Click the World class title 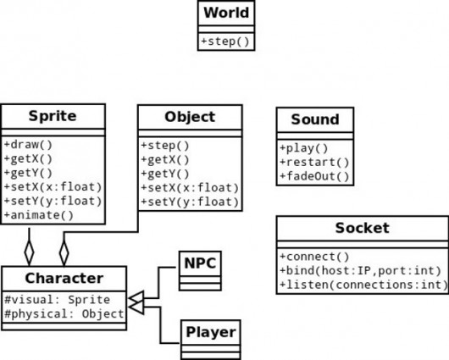[226, 13]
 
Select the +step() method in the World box [225, 42]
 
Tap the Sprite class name [53, 116]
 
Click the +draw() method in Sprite [28, 145]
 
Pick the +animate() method [39, 215]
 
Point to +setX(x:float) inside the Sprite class [53, 187]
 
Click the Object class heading [190, 117]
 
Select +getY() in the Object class [165, 174]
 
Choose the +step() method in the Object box [165, 146]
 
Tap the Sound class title [315, 119]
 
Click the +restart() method [314, 163]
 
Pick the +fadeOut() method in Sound [314, 176]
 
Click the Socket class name [363, 228]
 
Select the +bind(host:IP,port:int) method [361, 271]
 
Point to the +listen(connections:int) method [363, 285]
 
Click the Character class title [64, 279]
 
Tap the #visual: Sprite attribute [58, 300]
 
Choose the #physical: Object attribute [64, 314]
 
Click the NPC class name [200, 263]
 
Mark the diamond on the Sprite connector [29, 252]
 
